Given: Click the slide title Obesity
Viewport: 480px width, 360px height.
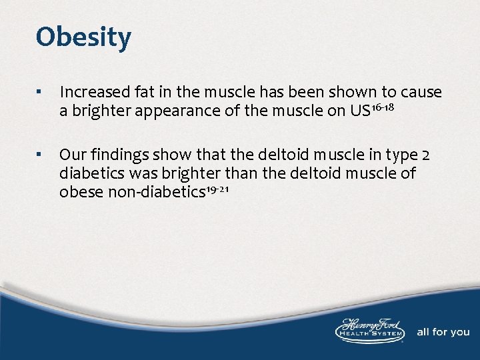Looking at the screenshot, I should tap(83, 37).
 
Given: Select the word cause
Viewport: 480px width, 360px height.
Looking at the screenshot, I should tap(421, 92).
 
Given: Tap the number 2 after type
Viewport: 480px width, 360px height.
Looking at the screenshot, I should tap(425, 155).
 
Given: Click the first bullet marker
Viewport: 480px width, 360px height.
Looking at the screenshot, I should tap(41, 92).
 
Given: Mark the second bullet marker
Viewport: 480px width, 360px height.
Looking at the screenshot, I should tap(41, 155).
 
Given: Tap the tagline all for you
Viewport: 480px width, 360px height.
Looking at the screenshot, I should tap(443, 331).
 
